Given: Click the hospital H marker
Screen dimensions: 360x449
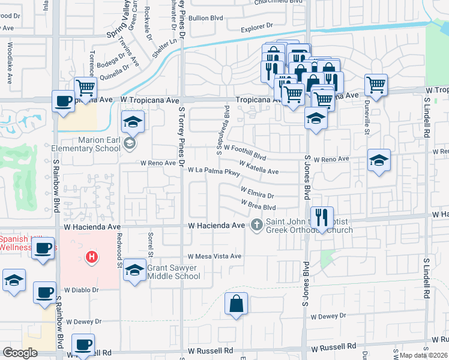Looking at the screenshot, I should coord(91,257).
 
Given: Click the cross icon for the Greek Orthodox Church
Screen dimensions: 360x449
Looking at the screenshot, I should coord(257,225).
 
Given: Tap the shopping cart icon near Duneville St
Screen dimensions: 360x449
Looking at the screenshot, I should coord(376,85).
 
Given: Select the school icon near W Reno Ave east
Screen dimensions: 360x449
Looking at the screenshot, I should coord(379,160).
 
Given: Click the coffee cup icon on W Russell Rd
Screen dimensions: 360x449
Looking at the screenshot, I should coord(83,345).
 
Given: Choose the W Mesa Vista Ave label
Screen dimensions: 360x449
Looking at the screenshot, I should coord(214,256).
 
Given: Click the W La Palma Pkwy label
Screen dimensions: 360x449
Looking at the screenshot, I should coord(214,172).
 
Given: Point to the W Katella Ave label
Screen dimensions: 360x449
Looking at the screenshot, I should coord(259,167).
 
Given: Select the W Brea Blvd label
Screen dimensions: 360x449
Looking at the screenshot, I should coord(258,206).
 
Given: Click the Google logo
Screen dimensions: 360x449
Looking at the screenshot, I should coord(20,353).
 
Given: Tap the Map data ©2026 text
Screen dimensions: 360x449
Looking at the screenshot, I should coord(424,355).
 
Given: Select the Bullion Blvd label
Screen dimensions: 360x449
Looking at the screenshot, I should coord(206,18).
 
